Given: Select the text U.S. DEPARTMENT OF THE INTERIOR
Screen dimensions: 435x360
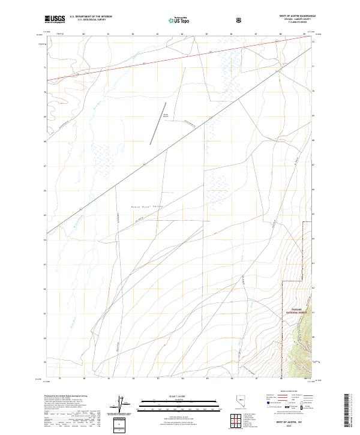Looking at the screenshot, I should tap(91, 17).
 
